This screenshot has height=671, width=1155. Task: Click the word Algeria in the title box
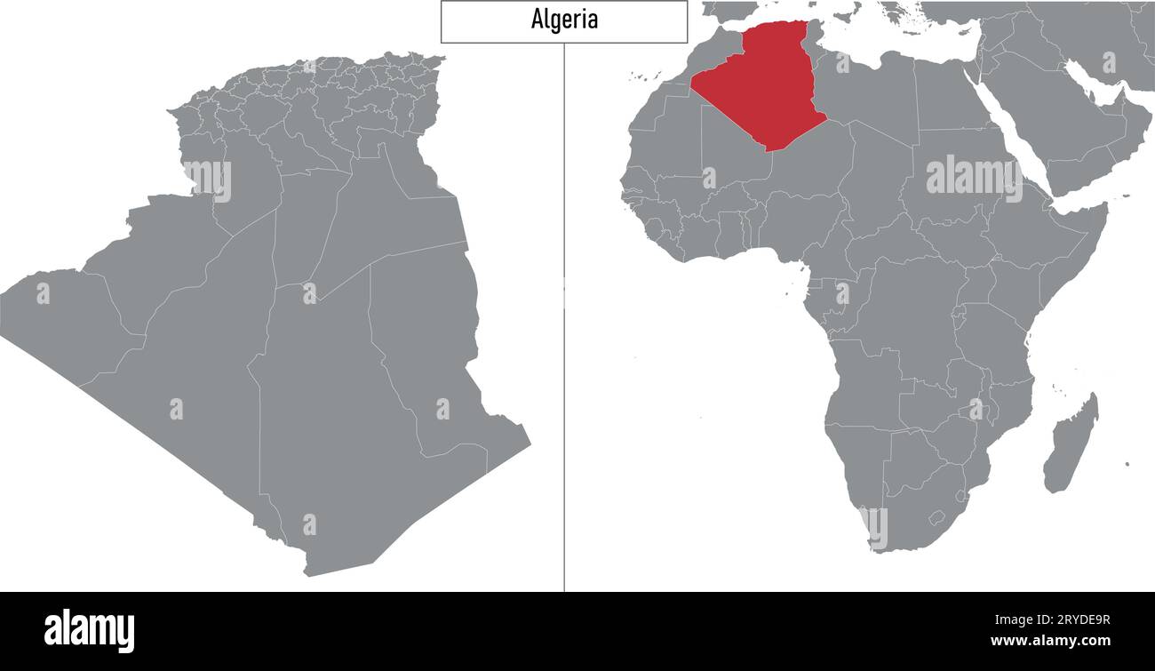(564, 20)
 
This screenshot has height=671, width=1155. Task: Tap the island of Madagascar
(1070, 444)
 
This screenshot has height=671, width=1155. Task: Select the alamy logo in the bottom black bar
(90, 630)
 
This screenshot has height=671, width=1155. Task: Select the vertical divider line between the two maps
(564, 355)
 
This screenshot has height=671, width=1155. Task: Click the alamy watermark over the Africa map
(973, 178)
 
